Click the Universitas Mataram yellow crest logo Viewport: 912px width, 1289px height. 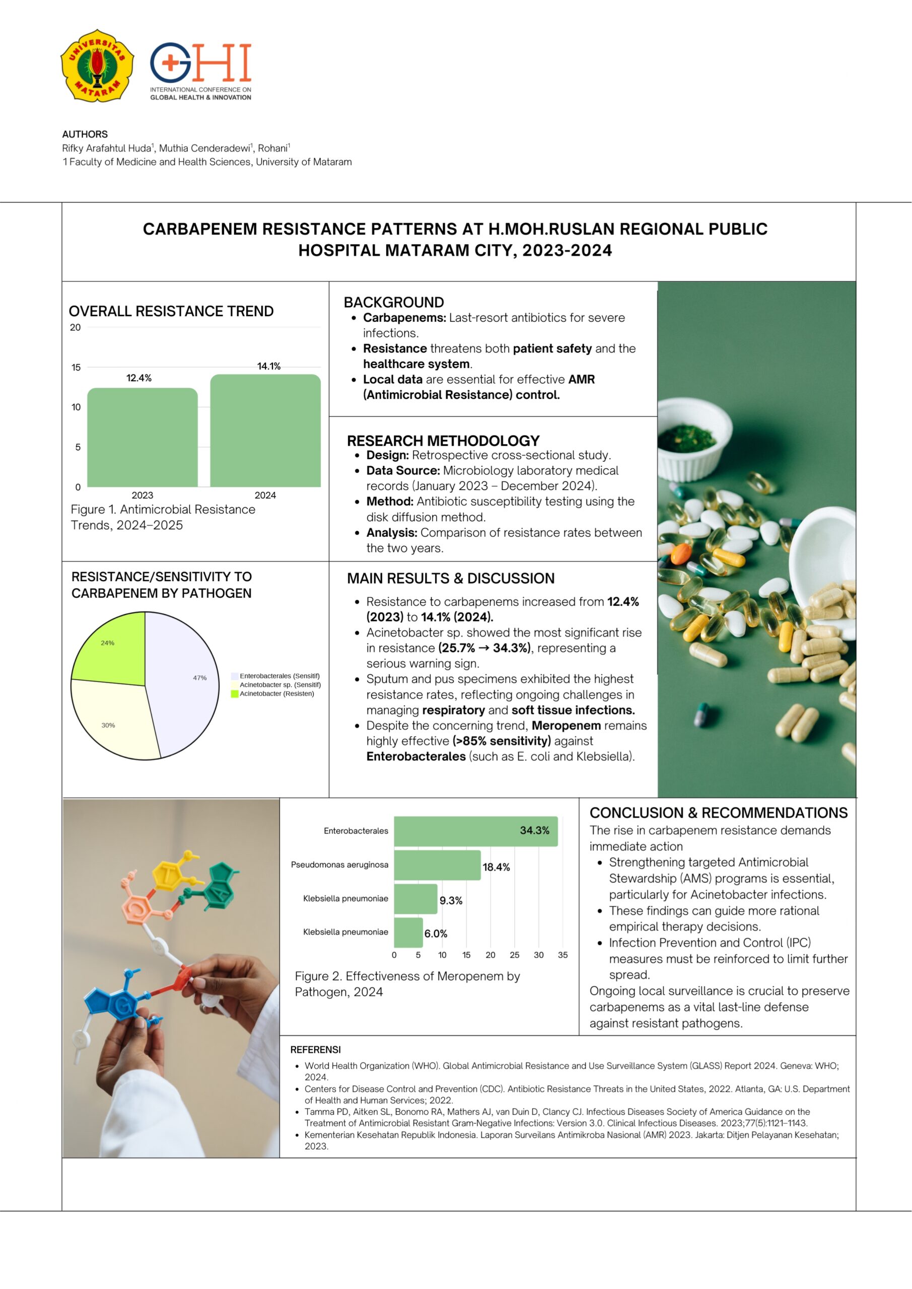click(97, 65)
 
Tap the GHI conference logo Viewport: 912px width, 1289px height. click(200, 70)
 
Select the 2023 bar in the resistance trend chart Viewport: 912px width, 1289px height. click(143, 438)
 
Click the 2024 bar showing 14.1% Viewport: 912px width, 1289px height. click(265, 431)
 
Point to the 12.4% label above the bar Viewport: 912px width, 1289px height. click(138, 378)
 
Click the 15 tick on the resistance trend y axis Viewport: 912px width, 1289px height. click(76, 367)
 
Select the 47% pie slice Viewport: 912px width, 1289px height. click(185, 682)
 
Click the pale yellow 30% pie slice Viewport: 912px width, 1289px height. click(115, 719)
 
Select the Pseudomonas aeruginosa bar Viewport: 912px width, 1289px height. click(437, 865)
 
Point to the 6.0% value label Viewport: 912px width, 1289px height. click(436, 934)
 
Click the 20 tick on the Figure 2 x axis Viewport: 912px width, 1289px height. click(490, 955)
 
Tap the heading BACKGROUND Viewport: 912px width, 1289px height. click(394, 302)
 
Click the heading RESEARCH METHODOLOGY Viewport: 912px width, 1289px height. click(443, 441)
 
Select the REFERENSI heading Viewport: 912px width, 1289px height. click(315, 1050)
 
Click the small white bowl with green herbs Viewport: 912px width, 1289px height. click(694, 438)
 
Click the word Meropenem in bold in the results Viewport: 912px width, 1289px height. click(566, 726)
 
